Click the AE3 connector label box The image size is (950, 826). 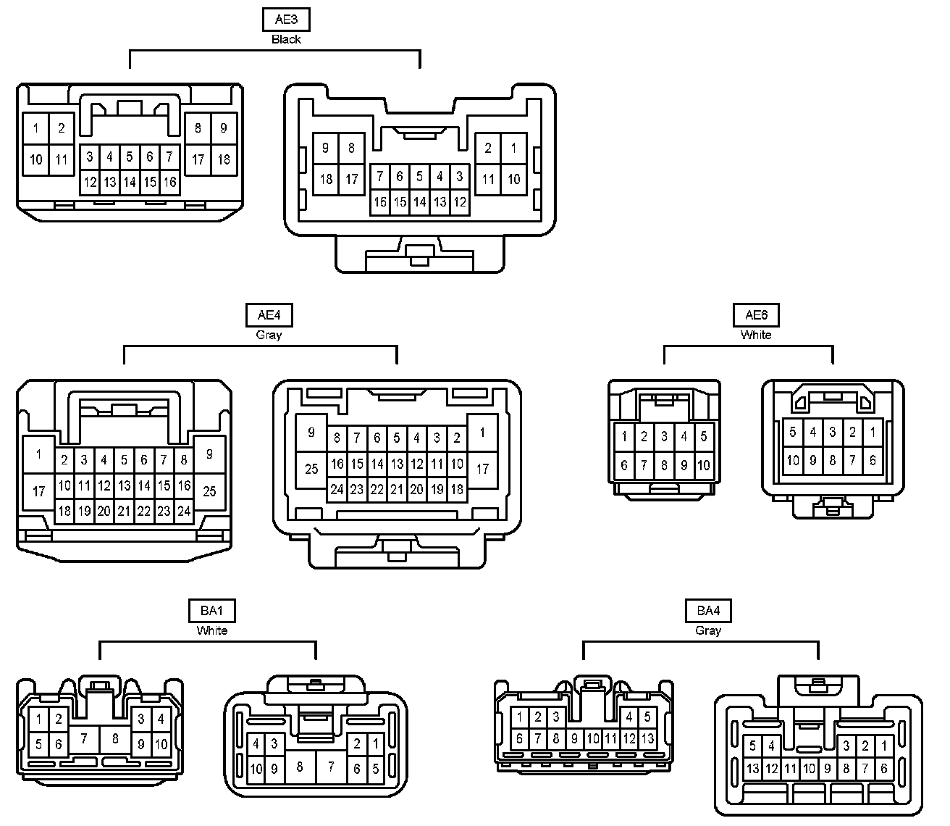[286, 20]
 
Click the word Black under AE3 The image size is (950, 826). [286, 39]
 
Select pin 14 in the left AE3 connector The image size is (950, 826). [129, 182]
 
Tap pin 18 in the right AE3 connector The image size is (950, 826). [326, 178]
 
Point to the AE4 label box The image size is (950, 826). [269, 315]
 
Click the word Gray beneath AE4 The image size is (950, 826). [269, 335]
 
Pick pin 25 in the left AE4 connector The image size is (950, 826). [209, 491]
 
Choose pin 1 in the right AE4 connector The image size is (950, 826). [482, 433]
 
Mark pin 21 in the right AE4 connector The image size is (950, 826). [397, 489]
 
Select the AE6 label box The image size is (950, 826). [756, 315]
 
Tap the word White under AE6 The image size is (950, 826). [756, 335]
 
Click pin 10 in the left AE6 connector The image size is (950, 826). [703, 466]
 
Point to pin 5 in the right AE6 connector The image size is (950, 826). [793, 433]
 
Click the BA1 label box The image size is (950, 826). [212, 611]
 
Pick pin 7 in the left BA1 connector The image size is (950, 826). [84, 739]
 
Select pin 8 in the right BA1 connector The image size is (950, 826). [299, 766]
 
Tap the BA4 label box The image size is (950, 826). [708, 611]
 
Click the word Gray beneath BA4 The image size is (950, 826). [708, 630]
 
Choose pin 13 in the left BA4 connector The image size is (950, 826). [647, 739]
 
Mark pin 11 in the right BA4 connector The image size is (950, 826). [790, 769]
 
